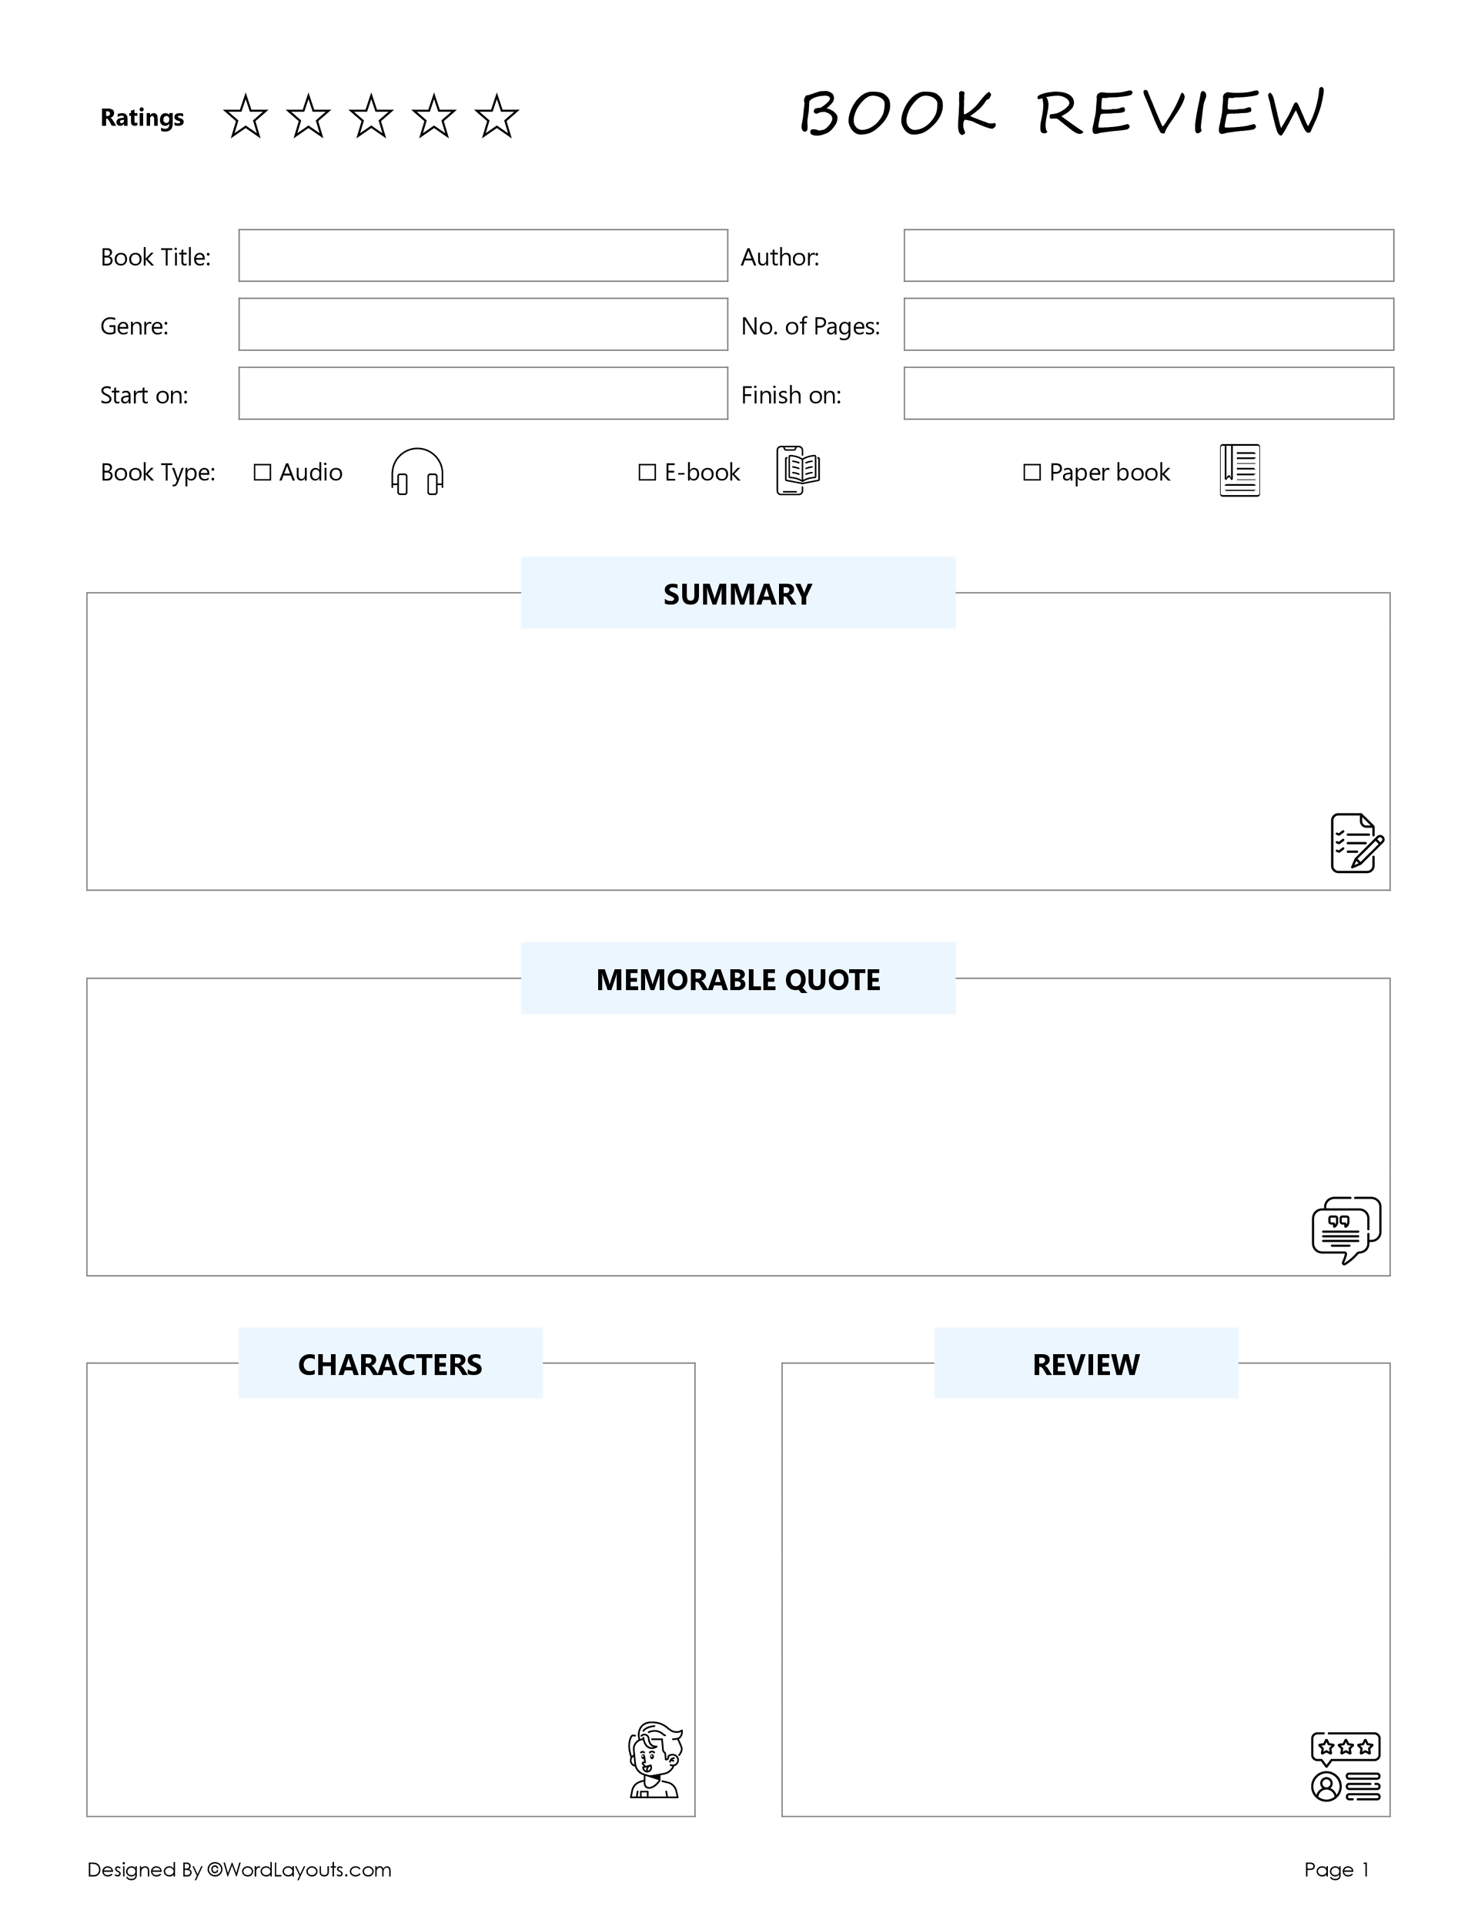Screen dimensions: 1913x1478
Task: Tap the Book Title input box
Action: click(483, 256)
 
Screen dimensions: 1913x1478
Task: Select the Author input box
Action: click(1148, 256)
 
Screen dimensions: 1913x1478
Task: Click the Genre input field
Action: click(483, 325)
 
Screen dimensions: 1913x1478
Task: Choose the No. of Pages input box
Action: click(1148, 325)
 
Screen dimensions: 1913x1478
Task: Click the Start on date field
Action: click(483, 393)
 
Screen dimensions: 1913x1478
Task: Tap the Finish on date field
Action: click(1148, 393)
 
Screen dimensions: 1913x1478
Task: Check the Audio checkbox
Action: click(262, 473)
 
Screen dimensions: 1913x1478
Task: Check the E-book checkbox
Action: click(647, 473)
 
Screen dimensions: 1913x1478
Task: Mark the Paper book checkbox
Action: click(1032, 473)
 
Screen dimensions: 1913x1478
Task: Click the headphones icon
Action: click(417, 472)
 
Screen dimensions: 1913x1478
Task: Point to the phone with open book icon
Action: click(798, 470)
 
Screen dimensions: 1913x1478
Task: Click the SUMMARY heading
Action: click(737, 594)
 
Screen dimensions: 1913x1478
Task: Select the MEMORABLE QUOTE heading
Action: click(737, 979)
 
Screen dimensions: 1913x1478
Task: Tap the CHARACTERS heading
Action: click(390, 1365)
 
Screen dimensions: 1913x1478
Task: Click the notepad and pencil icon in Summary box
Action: click(1356, 844)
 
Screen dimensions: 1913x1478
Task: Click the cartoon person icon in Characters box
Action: click(654, 1760)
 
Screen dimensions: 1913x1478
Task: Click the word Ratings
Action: click(142, 117)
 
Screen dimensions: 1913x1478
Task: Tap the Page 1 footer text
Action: click(1336, 1870)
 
